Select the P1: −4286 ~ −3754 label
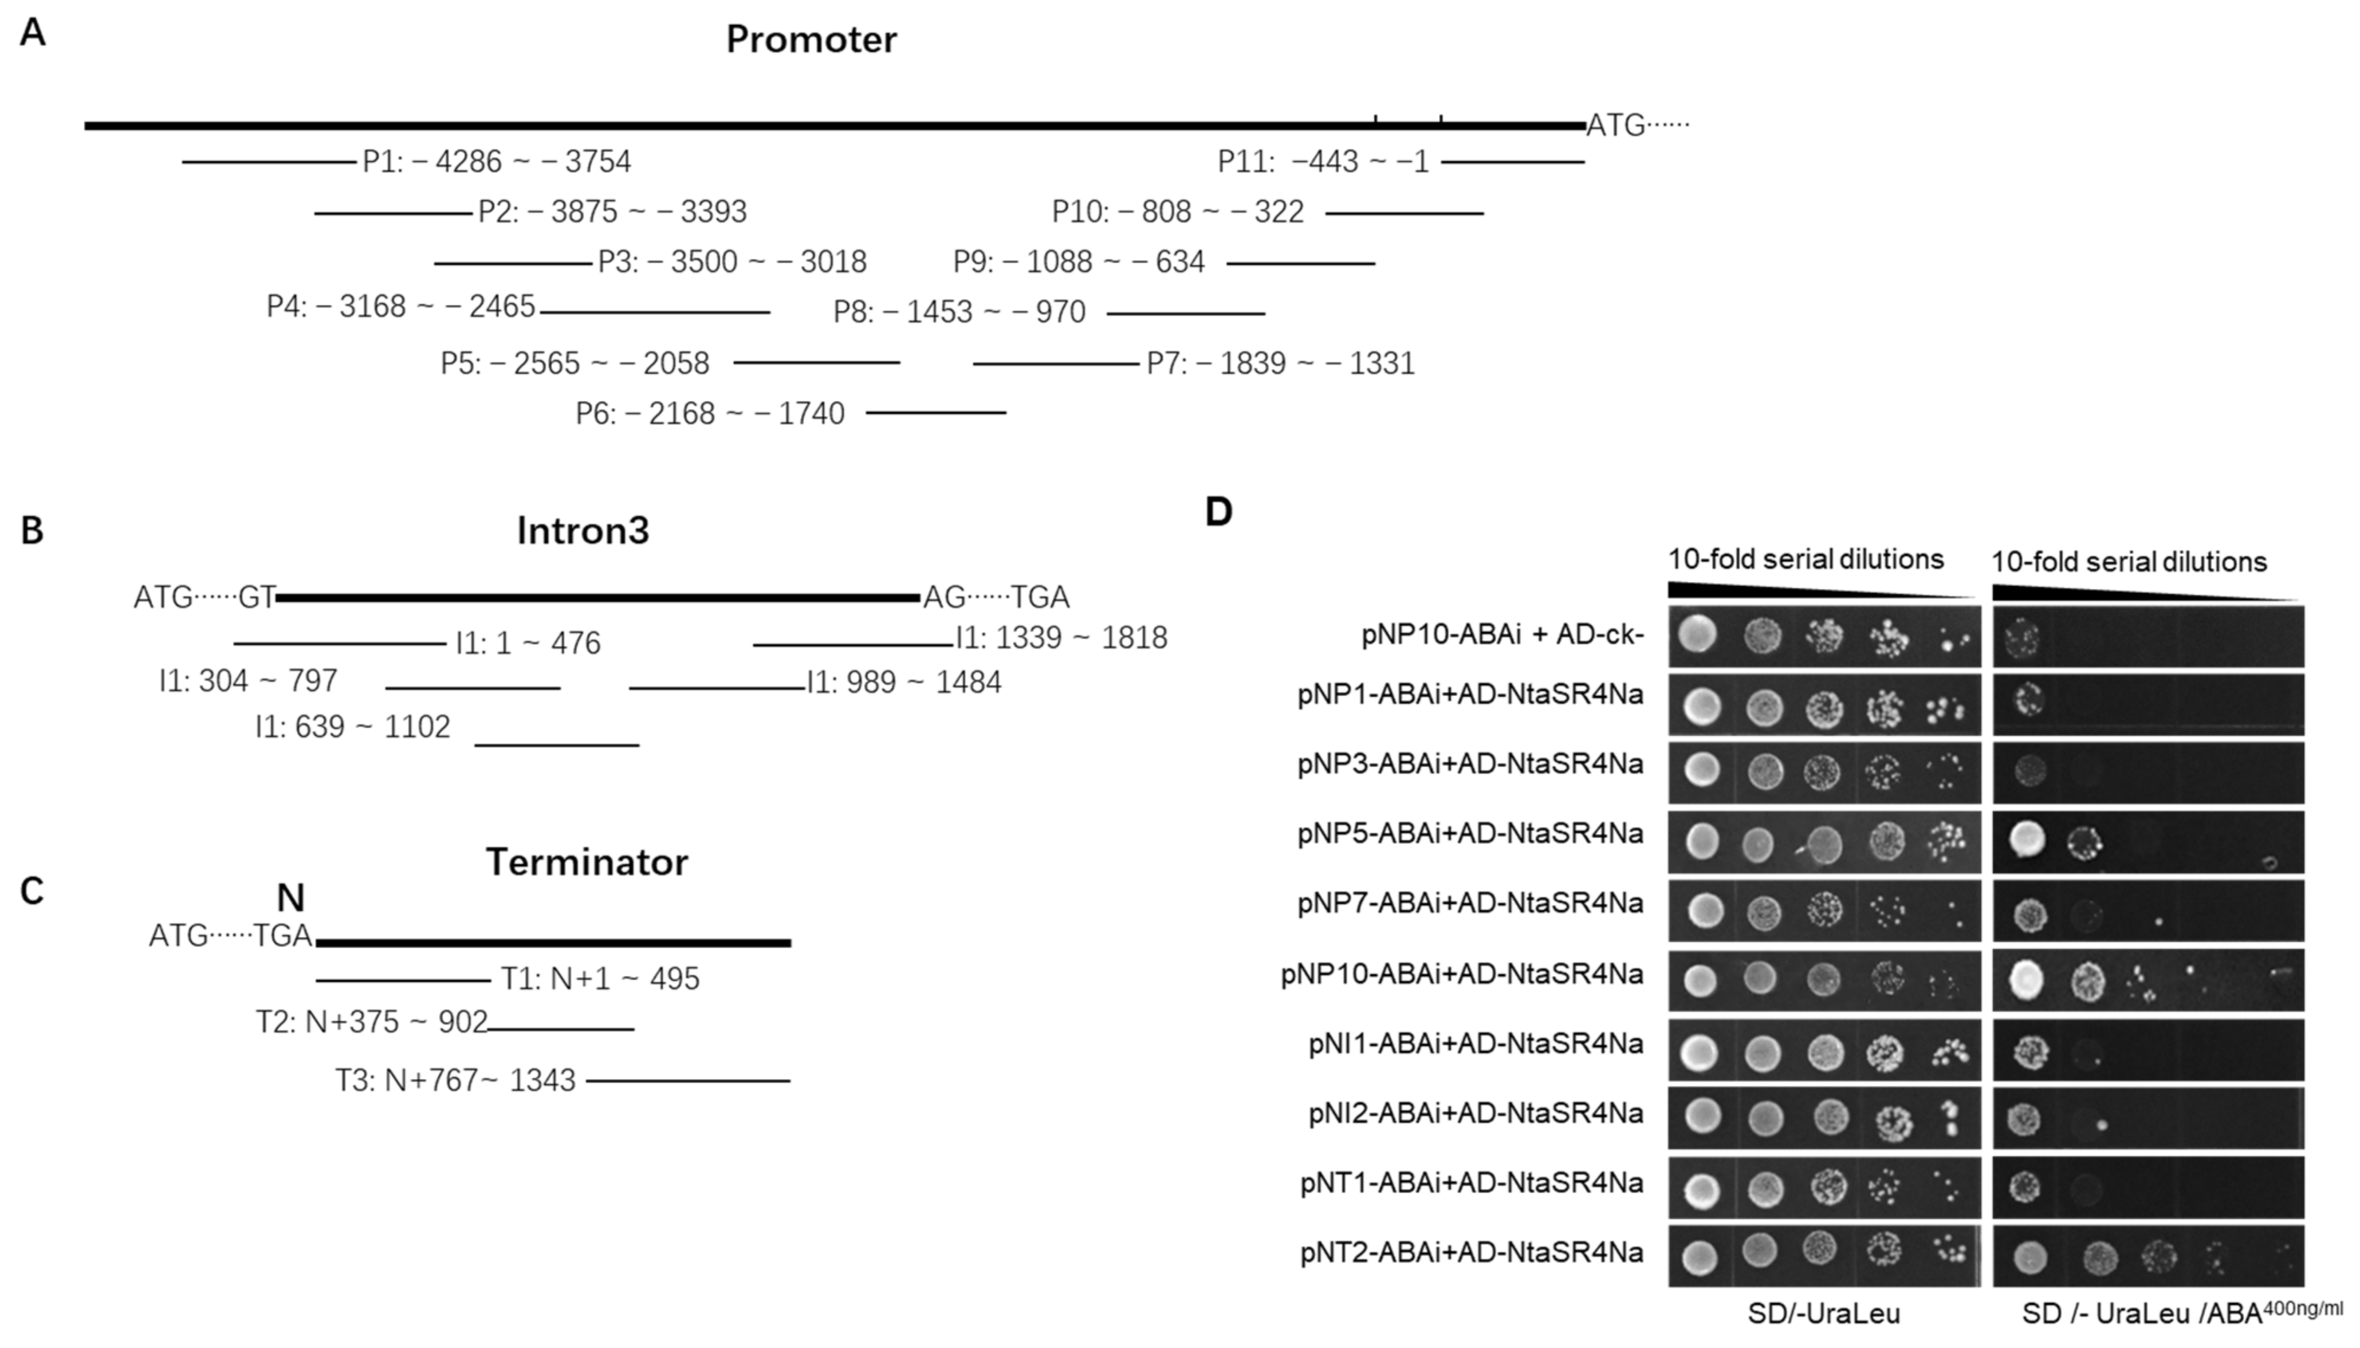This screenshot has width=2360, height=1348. coord(496,162)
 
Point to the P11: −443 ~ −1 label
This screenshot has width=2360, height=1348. coord(1323,162)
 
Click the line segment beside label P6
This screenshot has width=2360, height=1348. coord(935,412)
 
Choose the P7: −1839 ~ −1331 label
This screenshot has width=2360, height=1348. coord(1280,363)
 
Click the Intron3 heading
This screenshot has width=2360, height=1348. coord(583,530)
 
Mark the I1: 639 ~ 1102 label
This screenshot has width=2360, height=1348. coord(353,727)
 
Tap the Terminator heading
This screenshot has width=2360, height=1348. coord(587,862)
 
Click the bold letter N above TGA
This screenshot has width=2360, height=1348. coord(291,897)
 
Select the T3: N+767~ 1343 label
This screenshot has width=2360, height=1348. coord(455,1081)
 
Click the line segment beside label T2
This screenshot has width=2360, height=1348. coord(561,1028)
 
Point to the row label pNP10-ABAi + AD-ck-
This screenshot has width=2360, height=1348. coord(1502,636)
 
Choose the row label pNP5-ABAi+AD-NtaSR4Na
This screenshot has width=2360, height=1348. coord(1470,833)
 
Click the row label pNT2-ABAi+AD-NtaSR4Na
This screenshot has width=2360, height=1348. coord(1472,1252)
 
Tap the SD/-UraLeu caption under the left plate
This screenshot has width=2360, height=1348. coord(1823,1313)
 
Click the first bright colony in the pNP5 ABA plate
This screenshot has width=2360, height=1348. coord(2027,839)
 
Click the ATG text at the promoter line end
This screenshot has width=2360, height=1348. coord(1615,125)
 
